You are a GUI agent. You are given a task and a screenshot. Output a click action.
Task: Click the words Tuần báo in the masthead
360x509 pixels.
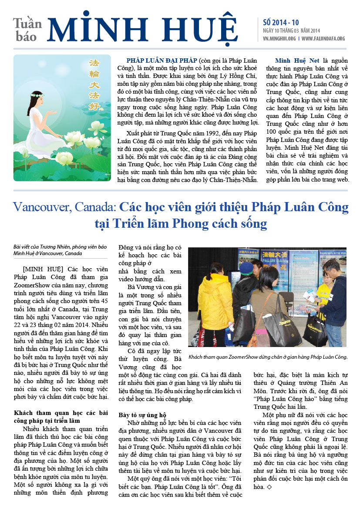click(27, 30)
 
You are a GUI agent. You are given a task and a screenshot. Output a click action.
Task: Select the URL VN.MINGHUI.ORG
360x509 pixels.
click(280, 38)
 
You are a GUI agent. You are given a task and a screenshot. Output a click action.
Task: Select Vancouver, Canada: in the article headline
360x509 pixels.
click(64, 206)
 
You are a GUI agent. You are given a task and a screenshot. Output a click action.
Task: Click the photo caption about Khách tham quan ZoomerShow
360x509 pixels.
click(268, 357)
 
